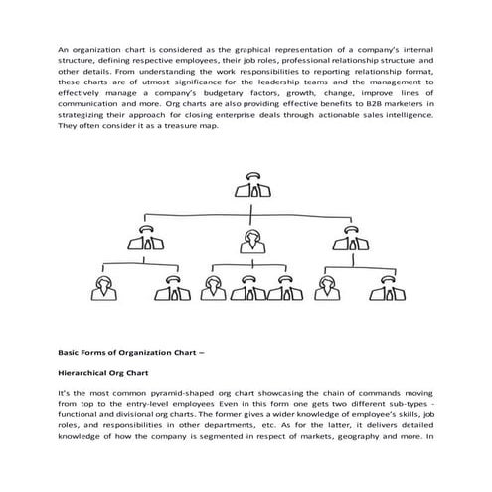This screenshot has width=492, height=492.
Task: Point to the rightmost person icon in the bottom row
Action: pyautogui.click(x=380, y=288)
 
